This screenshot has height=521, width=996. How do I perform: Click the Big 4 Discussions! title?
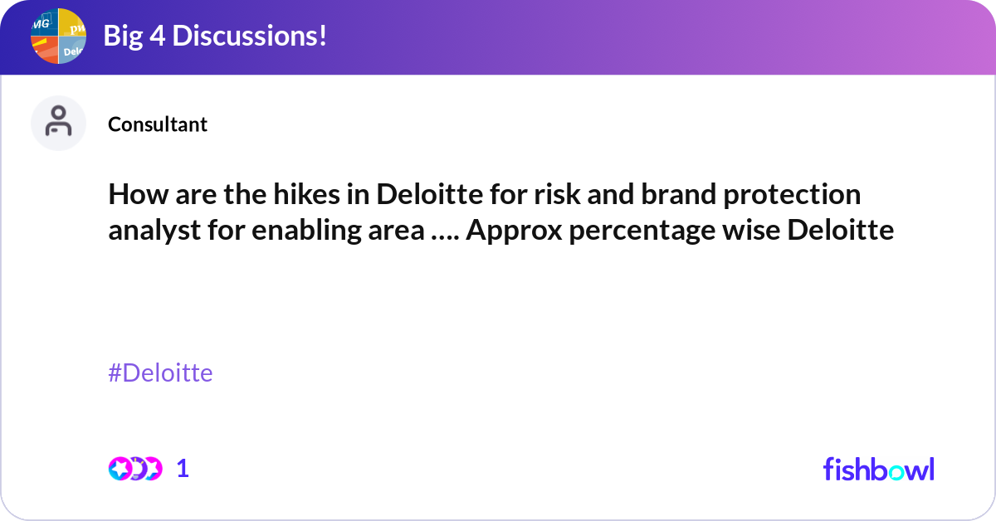(214, 36)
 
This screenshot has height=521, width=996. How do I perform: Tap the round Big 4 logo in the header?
(59, 36)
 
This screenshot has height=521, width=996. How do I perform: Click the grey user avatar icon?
(58, 124)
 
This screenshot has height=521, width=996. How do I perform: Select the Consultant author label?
(158, 124)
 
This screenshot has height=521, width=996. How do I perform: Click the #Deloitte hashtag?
(160, 373)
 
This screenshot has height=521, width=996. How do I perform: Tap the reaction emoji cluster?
(134, 469)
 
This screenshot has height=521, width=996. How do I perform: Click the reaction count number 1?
(183, 469)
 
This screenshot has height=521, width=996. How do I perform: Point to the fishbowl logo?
(878, 469)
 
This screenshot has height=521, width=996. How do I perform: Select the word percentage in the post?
(636, 231)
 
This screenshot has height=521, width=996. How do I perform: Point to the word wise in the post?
(754, 230)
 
